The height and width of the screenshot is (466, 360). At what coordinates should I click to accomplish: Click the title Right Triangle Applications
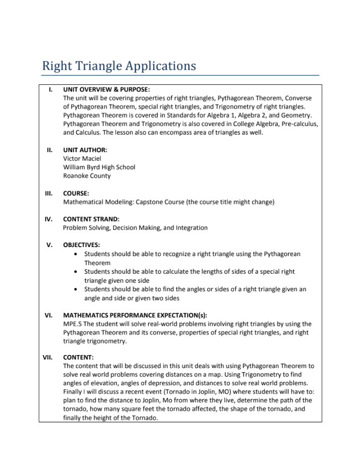[x=119, y=66]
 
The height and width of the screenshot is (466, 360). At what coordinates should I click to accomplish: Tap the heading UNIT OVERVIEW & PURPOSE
[x=106, y=89]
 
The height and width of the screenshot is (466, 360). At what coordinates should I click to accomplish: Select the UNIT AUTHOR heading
[x=85, y=150]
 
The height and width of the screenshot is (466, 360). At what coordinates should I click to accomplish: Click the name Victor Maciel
[x=82, y=158]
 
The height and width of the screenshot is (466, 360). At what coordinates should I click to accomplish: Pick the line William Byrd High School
[x=99, y=167]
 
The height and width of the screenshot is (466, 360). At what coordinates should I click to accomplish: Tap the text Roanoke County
[x=87, y=176]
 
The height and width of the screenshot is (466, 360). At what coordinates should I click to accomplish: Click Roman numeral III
[x=49, y=193]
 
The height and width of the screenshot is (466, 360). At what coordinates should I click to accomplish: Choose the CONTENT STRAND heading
[x=91, y=219]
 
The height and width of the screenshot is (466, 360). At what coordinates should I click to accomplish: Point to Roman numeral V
[x=50, y=245]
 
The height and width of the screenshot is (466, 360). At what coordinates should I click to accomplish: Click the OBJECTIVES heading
[x=81, y=245]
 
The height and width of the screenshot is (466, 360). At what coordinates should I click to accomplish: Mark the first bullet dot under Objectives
[x=75, y=255]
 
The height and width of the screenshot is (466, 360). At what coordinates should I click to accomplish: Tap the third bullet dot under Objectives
[x=75, y=290]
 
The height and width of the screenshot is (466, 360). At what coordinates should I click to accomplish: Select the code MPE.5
[x=73, y=324]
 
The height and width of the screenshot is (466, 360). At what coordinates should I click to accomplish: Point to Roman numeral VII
[x=48, y=358]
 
